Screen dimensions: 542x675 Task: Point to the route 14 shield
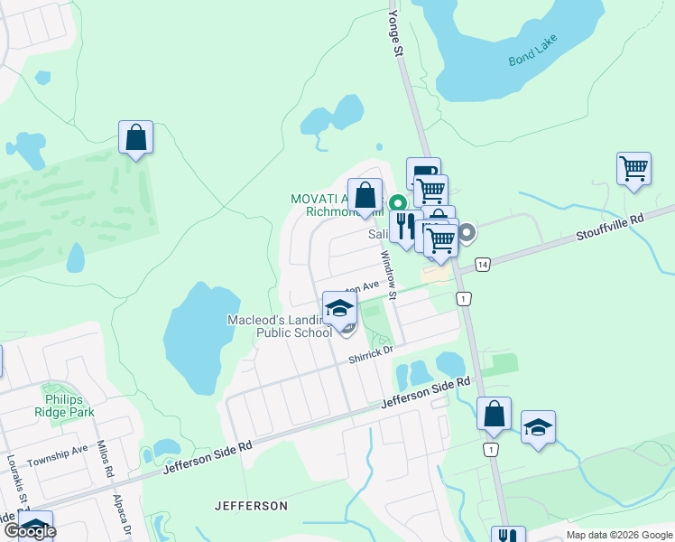click(x=483, y=264)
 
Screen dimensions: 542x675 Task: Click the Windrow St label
click(x=388, y=275)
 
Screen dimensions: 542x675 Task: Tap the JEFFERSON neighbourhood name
click(x=251, y=506)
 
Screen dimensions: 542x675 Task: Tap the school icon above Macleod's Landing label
click(x=339, y=308)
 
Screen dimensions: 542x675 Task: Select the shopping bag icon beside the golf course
click(x=135, y=138)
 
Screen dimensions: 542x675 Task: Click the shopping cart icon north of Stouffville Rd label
click(x=633, y=168)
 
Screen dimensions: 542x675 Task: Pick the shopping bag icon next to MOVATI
click(x=365, y=195)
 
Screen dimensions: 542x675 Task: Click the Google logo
click(x=29, y=531)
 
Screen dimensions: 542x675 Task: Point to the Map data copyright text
click(x=618, y=535)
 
